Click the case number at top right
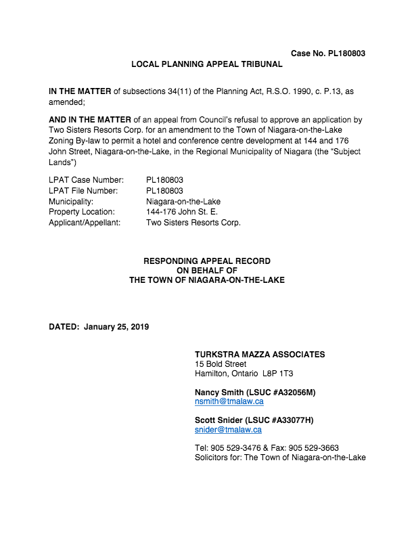coord(328,53)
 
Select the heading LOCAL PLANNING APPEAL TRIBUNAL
coord(206,64)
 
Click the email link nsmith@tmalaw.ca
coord(229,401)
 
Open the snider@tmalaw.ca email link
coord(228,430)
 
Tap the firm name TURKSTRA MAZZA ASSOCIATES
coord(260,355)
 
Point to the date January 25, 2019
coord(116,327)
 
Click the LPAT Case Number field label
coord(86,180)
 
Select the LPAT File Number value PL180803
coord(164,191)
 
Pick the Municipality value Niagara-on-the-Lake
coord(183,202)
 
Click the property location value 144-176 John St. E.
coord(181,212)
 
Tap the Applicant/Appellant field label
coord(85,223)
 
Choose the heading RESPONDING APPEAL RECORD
coord(206,261)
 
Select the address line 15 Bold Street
coord(220,364)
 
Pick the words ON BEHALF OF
coord(206,271)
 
